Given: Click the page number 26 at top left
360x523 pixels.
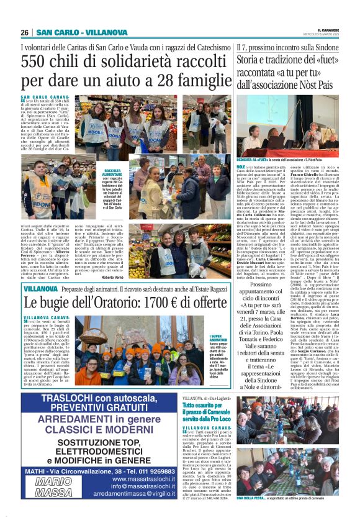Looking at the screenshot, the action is click(25, 32).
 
